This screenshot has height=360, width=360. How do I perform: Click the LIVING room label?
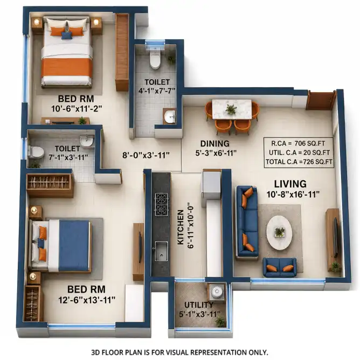coord(290,184)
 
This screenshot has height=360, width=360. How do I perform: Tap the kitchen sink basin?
coord(161,251)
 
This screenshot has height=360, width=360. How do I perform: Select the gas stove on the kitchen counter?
coord(161,204)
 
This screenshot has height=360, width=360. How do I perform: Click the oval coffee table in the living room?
coord(279,233)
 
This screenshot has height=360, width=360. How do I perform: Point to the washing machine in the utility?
coord(216,292)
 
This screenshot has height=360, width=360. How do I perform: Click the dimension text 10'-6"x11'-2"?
coord(77,109)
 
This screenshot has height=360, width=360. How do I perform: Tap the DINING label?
coord(215,143)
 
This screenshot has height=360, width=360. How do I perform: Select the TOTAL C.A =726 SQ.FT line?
coord(299,162)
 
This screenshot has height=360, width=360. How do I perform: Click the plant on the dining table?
coord(231,109)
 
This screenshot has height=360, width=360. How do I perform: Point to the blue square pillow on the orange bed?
coord(67,36)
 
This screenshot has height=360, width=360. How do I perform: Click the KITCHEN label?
coord(181,227)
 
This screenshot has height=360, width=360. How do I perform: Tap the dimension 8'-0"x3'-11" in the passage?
coord(146,155)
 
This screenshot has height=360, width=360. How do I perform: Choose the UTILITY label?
coord(199,305)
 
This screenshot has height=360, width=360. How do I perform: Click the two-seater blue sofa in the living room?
coord(279,267)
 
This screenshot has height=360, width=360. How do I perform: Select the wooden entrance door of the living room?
coord(321,101)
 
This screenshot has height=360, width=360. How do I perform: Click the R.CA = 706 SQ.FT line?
coord(298,143)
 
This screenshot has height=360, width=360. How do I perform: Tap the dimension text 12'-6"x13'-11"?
coord(87,300)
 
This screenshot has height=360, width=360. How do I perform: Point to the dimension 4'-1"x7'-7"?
coord(157,91)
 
